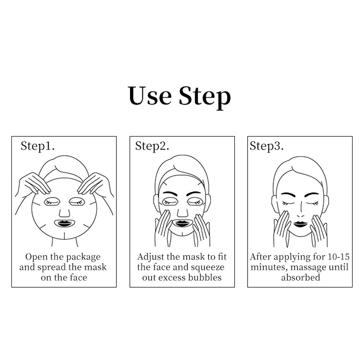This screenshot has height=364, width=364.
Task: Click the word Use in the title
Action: tap(150, 96)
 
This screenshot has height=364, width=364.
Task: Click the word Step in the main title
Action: tap(205, 97)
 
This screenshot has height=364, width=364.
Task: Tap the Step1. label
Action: tap(38, 147)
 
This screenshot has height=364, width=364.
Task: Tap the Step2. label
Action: tap(152, 147)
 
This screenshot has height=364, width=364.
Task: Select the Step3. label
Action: tap(267, 147)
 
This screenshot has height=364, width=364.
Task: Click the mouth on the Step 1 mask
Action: tap(64, 224)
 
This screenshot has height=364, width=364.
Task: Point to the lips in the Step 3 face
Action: tap(300, 224)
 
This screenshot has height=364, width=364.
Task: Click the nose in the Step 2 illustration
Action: tap(182, 213)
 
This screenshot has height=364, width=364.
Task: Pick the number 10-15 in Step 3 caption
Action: tap(339, 257)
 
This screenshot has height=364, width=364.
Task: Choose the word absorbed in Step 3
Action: tap(301, 278)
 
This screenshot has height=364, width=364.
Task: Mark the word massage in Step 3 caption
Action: tap(307, 268)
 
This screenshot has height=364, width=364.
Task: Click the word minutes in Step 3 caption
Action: tap(269, 268)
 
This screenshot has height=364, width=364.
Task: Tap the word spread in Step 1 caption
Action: tap(51, 268)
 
